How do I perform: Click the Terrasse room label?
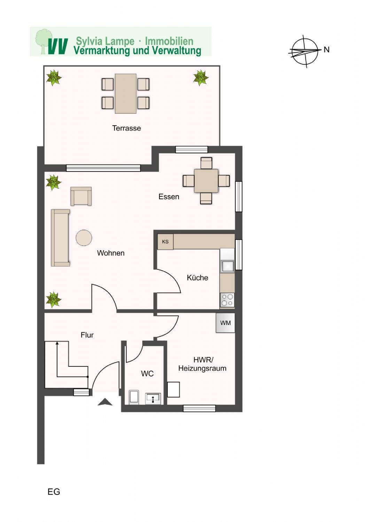(x=127, y=128)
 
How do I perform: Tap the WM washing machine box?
(x=226, y=323)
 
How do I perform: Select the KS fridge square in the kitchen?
(x=165, y=242)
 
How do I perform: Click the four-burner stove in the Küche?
(x=227, y=300)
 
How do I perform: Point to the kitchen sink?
(x=228, y=266)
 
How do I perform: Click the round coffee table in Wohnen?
(x=84, y=238)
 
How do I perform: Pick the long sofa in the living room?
(x=61, y=238)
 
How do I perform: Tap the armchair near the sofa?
(x=81, y=196)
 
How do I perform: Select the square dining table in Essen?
(x=206, y=181)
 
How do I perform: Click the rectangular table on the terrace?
(x=126, y=94)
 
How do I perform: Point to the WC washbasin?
(x=153, y=398)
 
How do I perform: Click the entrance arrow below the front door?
(x=105, y=402)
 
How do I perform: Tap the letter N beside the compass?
(x=327, y=50)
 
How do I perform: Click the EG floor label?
(x=54, y=492)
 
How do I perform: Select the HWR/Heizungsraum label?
(x=202, y=364)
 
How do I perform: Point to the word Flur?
(x=87, y=335)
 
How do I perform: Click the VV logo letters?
(x=58, y=46)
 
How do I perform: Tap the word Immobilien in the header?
(x=169, y=41)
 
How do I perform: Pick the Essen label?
(x=169, y=197)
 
